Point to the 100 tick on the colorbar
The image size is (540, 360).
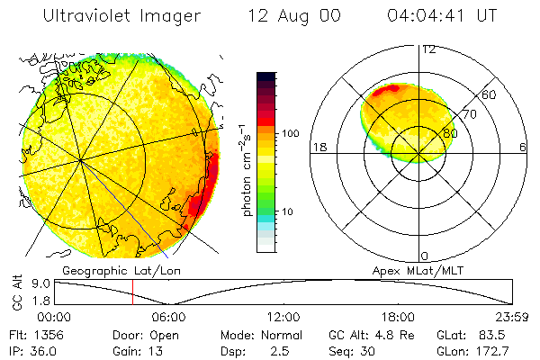[292, 133]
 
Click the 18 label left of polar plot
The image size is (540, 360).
[319, 147]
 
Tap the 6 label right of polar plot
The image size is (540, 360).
[523, 147]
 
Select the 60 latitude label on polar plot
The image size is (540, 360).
[490, 94]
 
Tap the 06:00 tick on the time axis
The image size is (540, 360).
[168, 317]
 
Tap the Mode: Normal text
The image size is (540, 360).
[257, 334]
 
